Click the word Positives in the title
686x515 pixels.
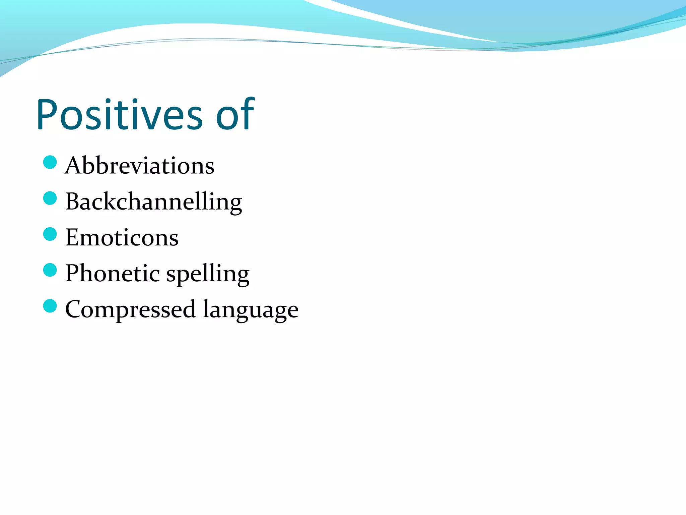pyautogui.click(x=119, y=115)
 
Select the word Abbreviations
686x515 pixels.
pyautogui.click(x=140, y=166)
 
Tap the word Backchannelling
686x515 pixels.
pyautogui.click(x=153, y=202)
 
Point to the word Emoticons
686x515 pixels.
pyautogui.click(x=122, y=238)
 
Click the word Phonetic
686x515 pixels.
pyautogui.click(x=112, y=273)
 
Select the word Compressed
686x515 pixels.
pyautogui.click(x=130, y=309)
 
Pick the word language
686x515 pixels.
pyautogui.click(x=251, y=310)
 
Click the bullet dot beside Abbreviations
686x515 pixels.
pyautogui.click(x=50, y=162)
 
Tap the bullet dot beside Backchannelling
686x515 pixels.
pyautogui.click(x=50, y=198)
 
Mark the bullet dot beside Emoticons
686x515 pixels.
pyautogui.click(x=50, y=234)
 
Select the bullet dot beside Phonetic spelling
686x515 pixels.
pyautogui.click(x=50, y=270)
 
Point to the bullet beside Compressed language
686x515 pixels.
pyautogui.click(x=50, y=306)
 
